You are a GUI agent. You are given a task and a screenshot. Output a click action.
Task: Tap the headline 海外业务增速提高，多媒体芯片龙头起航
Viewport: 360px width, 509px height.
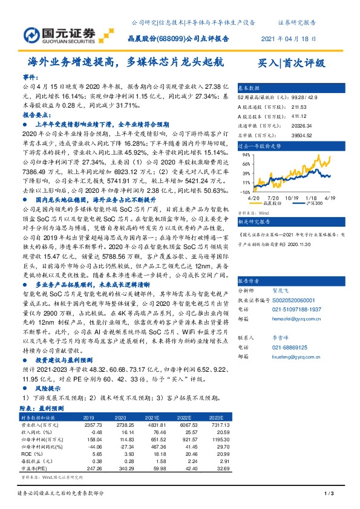(126, 62)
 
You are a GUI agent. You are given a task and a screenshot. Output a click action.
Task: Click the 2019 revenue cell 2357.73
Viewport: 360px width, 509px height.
(89, 426)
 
